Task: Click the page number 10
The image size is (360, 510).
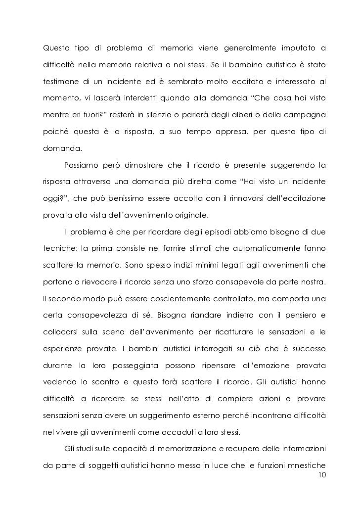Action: pos(322,475)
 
